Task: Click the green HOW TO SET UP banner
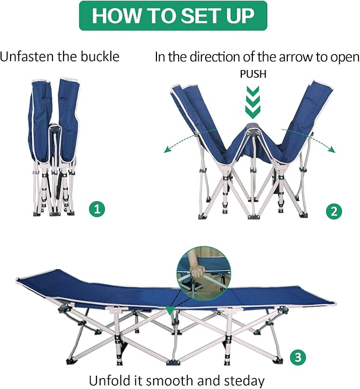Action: click(173, 16)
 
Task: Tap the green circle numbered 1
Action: click(95, 209)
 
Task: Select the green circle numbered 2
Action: click(332, 212)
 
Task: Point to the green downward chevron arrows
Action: click(252, 101)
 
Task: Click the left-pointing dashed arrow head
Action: click(166, 151)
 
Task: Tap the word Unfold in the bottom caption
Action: click(108, 380)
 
